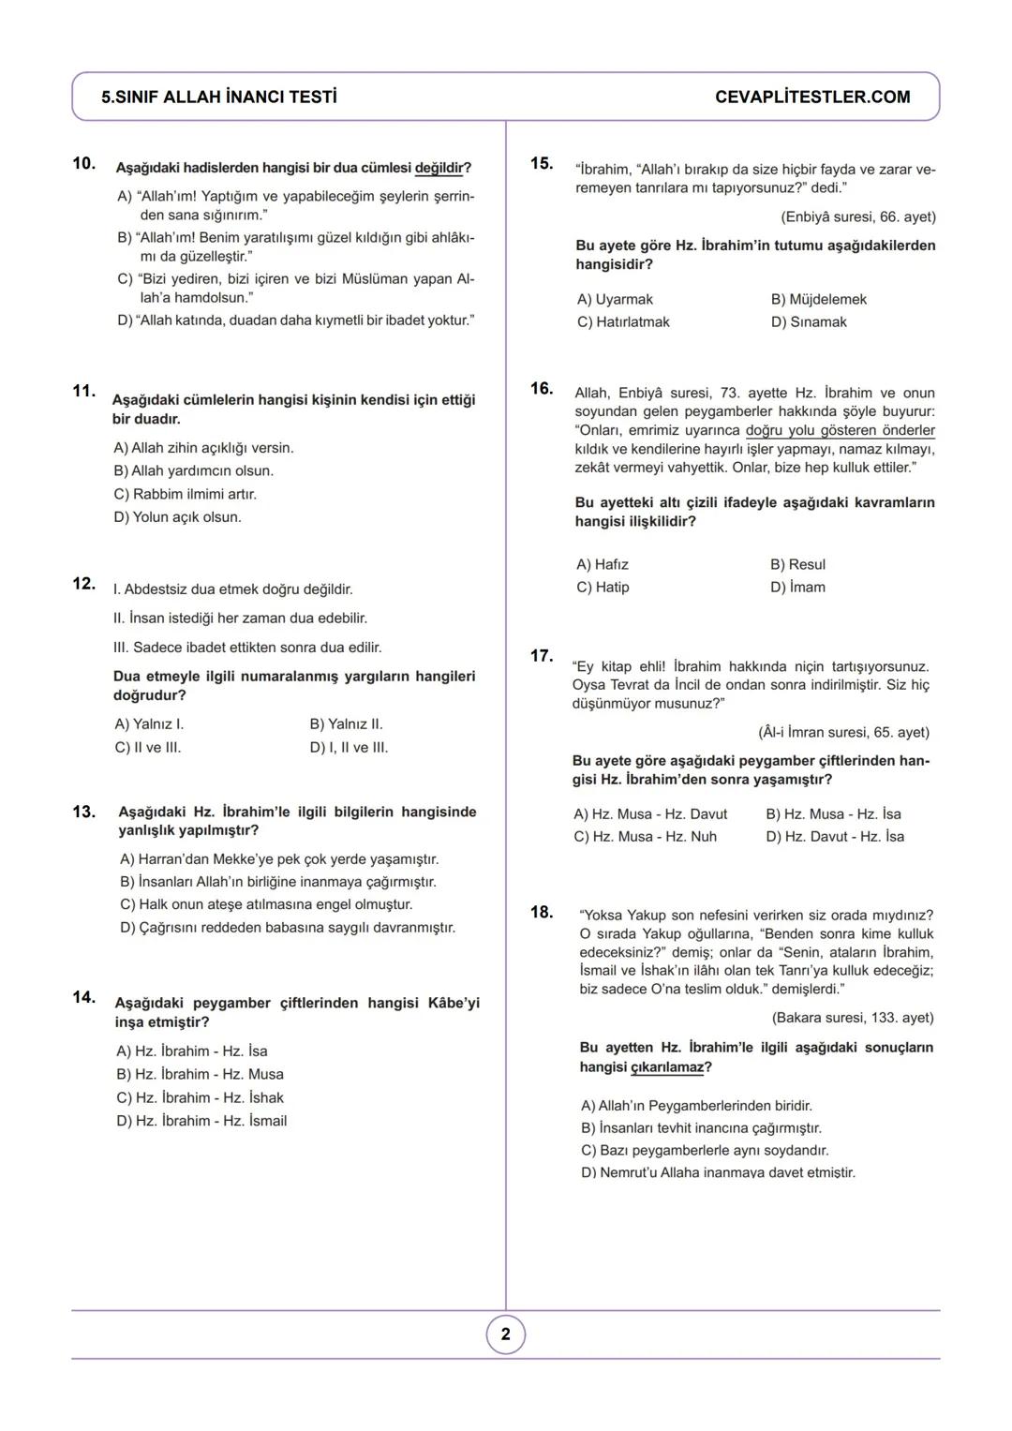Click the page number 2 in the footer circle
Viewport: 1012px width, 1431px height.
[506, 1334]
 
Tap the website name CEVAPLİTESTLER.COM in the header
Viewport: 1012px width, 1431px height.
[811, 97]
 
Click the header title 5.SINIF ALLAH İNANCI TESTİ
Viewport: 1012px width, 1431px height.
[219, 97]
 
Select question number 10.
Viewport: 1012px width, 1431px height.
[84, 164]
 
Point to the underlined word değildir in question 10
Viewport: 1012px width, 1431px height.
[439, 169]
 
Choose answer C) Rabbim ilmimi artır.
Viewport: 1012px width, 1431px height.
[186, 494]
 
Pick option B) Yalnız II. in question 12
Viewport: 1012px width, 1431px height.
[346, 724]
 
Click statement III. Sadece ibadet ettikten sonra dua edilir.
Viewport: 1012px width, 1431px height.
[247, 648]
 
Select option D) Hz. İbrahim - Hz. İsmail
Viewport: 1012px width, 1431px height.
[201, 1121]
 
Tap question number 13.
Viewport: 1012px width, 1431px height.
[84, 812]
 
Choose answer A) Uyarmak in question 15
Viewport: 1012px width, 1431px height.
[615, 300]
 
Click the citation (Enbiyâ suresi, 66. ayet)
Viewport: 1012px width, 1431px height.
[857, 217]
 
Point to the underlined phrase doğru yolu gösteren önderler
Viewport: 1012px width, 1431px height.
[840, 431]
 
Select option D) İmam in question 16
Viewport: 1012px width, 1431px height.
[797, 588]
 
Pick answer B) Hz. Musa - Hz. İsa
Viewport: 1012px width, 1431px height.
[833, 814]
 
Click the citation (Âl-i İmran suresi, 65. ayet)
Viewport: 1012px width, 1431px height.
[843, 733]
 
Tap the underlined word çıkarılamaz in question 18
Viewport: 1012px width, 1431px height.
[667, 1067]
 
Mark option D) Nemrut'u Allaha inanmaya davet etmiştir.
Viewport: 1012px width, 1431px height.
[718, 1173]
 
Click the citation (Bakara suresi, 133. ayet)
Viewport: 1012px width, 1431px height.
[852, 1018]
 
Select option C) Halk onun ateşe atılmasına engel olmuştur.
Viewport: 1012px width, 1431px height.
[266, 905]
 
